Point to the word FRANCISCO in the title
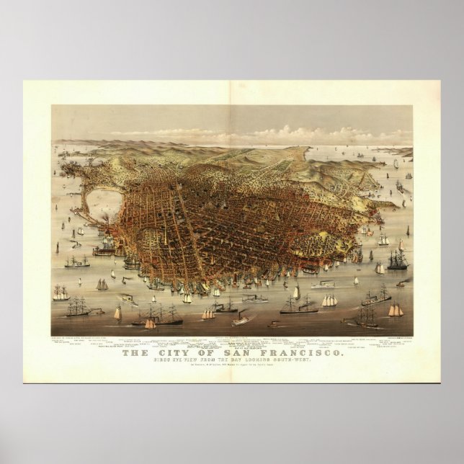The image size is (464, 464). click(297, 353)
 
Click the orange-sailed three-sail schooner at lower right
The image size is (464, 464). click(396, 311)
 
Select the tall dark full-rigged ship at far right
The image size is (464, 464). click(398, 259)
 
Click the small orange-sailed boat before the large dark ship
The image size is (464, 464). click(150, 323)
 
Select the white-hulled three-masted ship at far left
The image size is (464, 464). click(61, 294)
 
